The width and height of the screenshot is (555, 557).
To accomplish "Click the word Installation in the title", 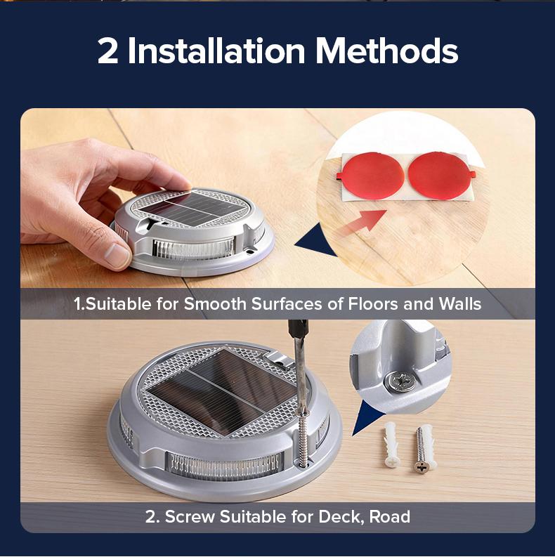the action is coord(216,51).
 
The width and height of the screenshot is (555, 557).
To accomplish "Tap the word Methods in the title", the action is coord(386,51).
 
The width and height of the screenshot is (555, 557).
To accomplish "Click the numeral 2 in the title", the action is coord(107,51).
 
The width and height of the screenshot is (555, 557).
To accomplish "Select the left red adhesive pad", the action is coord(371,175).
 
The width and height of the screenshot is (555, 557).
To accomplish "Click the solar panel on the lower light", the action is coord(221,391).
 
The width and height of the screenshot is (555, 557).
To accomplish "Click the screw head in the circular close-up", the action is coord(400,382).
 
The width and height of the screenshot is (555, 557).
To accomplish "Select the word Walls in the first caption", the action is coord(459,303).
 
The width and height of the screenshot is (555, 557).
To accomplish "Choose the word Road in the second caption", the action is coord(390,517).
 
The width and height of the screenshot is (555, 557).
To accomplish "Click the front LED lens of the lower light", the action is coord(225,466).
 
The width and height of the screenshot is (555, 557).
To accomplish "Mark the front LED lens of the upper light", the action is coord(194,250).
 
